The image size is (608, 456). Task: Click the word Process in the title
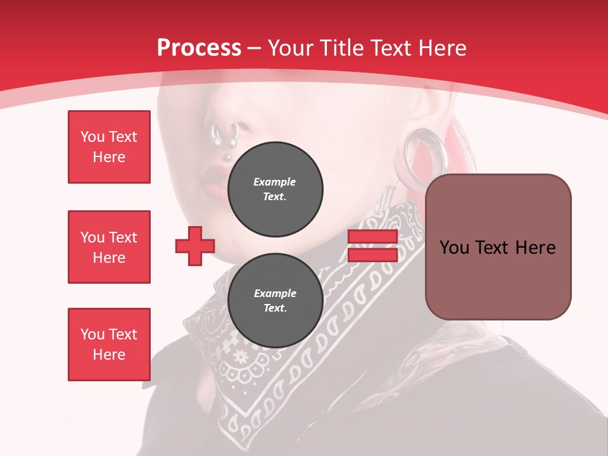199,48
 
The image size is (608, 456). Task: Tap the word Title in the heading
343,48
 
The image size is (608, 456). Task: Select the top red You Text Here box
109,147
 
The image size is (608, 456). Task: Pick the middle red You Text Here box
109,247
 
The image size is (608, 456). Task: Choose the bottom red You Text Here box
109,345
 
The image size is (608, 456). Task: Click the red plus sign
195,246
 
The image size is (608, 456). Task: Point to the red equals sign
372,246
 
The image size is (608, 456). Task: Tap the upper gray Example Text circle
275,189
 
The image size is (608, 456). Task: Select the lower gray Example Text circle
275,301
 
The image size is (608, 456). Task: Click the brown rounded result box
498,246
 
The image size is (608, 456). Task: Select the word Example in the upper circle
275,182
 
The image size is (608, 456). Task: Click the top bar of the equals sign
372,237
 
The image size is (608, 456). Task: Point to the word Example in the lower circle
275,293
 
